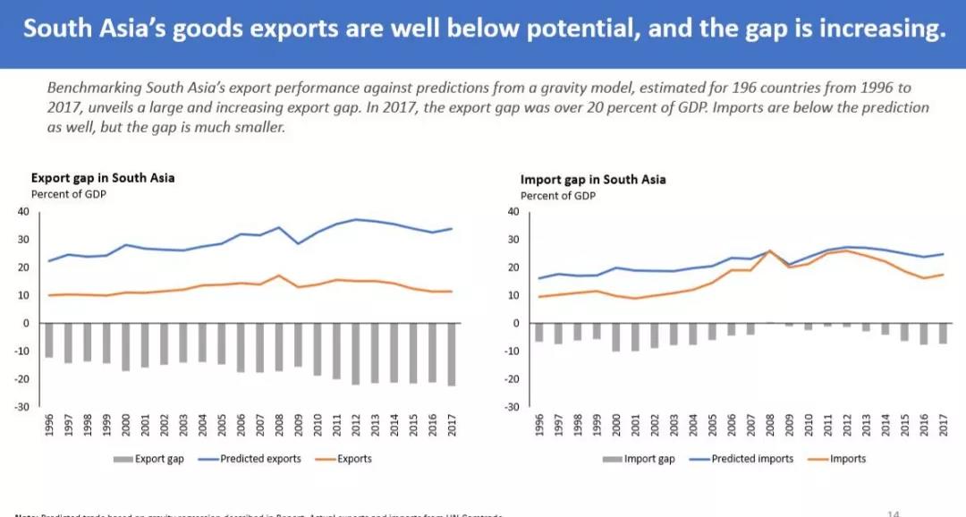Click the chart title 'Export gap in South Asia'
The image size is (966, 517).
click(103, 177)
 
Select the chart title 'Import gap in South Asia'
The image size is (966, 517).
click(593, 179)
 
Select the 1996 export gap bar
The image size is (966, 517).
click(50, 340)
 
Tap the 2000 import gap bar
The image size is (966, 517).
click(615, 336)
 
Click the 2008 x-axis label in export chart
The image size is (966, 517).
click(280, 425)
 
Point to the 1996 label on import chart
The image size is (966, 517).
click(539, 425)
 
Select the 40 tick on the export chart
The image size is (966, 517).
click(23, 211)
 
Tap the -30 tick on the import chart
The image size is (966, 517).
click(512, 407)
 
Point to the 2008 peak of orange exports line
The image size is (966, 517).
click(280, 275)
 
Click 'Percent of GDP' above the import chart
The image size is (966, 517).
click(558, 195)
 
